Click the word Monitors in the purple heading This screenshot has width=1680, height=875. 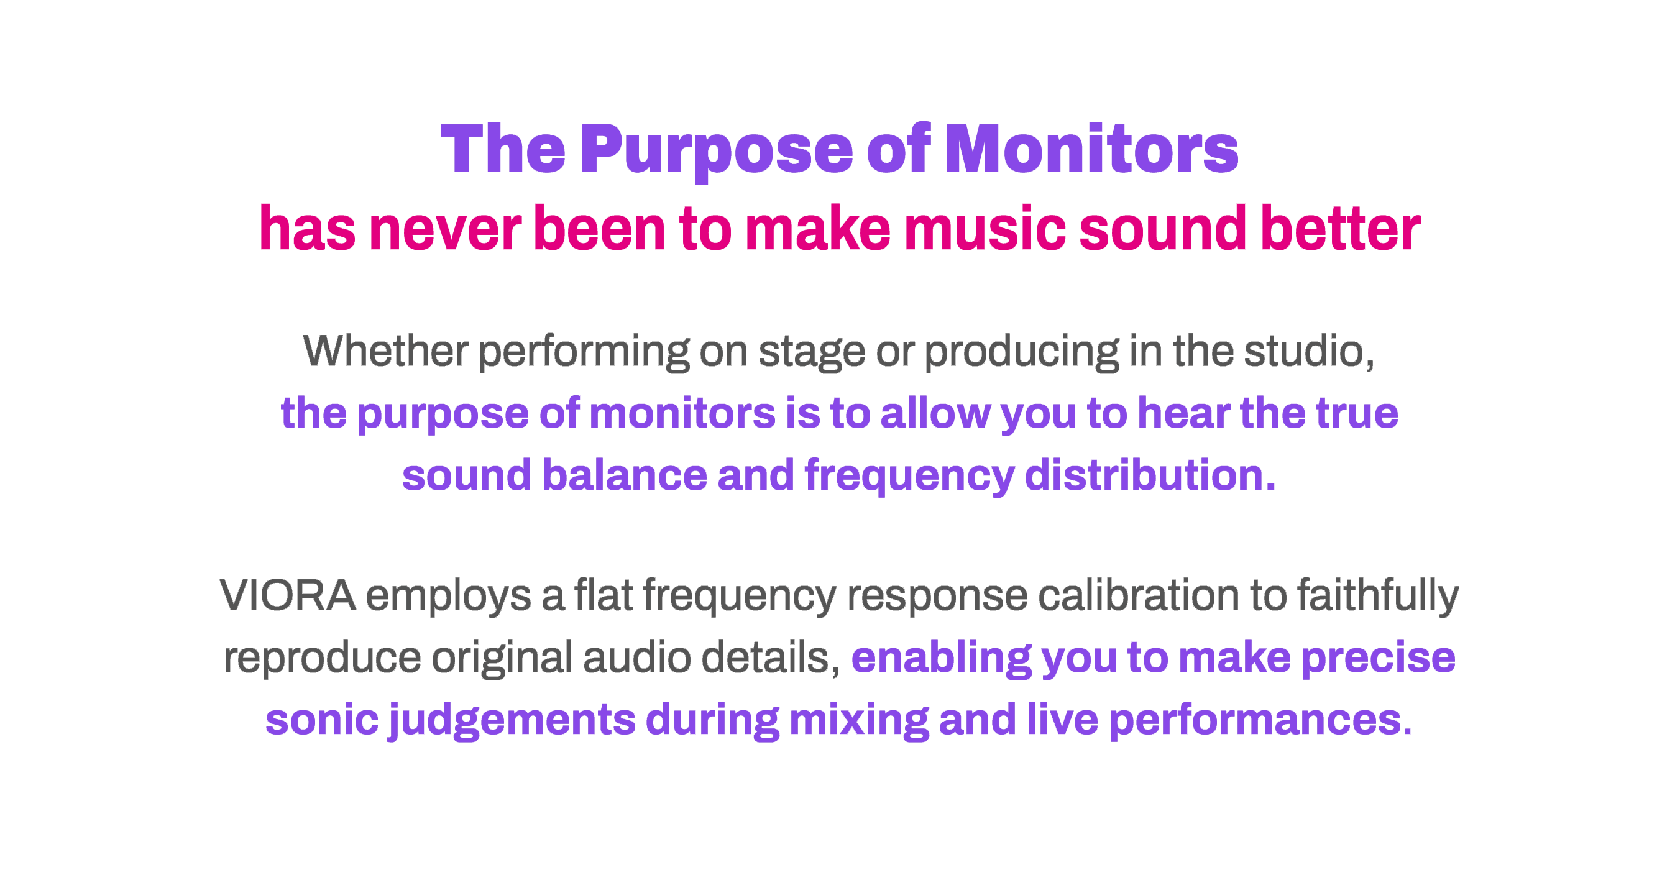point(1091,149)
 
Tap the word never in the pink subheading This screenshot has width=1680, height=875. point(445,228)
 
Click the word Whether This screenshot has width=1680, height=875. point(385,350)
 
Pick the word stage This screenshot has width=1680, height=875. point(811,353)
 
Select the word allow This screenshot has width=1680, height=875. point(935,413)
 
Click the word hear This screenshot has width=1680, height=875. point(1183,413)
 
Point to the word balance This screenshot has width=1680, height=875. point(625,475)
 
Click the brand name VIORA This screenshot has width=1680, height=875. point(288,595)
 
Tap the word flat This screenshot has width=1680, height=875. point(604,595)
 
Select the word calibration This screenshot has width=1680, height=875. point(1138,595)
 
